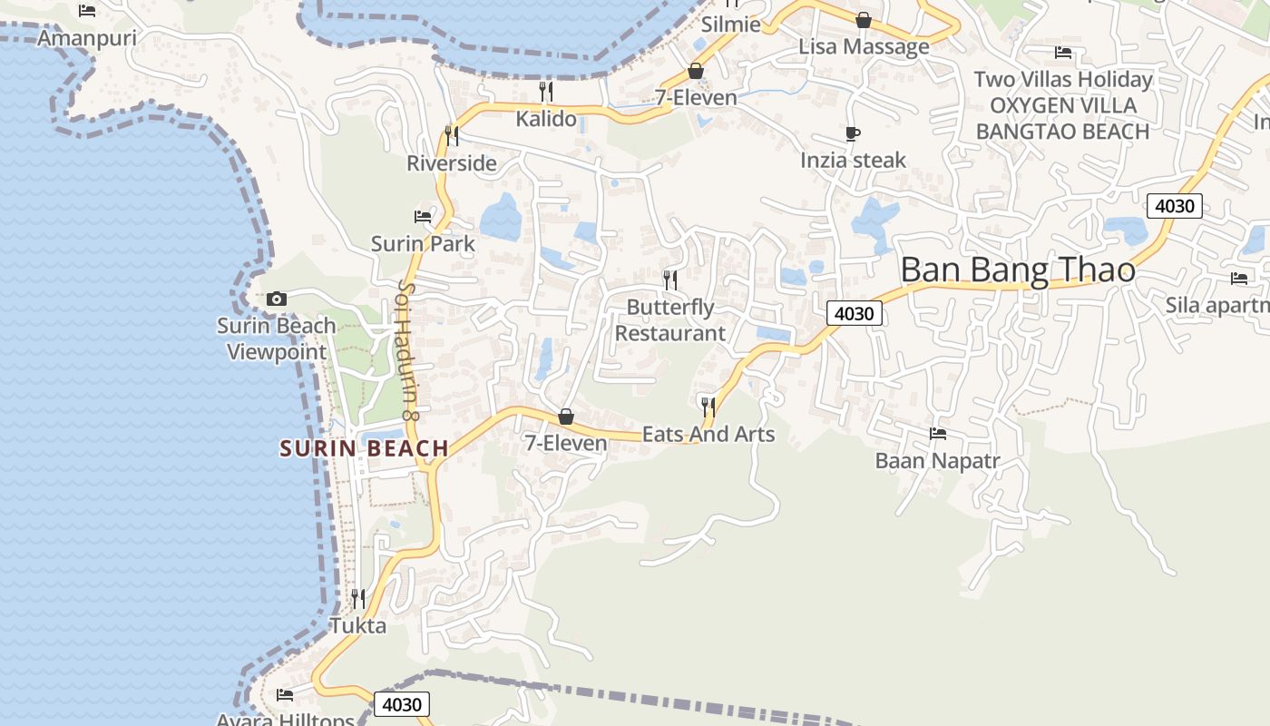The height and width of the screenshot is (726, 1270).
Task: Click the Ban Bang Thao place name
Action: pyautogui.click(x=1018, y=270)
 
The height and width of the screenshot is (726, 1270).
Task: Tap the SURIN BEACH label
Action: pyautogui.click(x=365, y=448)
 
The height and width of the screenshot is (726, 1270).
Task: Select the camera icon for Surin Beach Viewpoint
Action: pyautogui.click(x=277, y=299)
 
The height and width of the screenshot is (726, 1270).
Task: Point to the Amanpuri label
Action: pyautogui.click(x=87, y=38)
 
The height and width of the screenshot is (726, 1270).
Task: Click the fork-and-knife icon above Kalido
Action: pyautogui.click(x=546, y=92)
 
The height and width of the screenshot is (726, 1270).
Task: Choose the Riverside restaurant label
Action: pyautogui.click(x=452, y=163)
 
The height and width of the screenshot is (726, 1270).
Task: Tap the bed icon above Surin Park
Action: pyautogui.click(x=423, y=217)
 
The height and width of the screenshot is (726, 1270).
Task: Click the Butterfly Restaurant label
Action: pyautogui.click(x=670, y=320)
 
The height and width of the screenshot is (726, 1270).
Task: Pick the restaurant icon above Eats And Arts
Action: pyautogui.click(x=708, y=407)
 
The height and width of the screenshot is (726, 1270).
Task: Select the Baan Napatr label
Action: pyautogui.click(x=937, y=461)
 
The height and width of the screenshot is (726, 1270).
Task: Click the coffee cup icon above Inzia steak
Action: pyautogui.click(x=853, y=134)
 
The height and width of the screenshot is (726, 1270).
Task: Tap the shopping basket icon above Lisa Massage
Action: pyautogui.click(x=864, y=20)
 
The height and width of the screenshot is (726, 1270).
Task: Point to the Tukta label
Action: pyautogui.click(x=358, y=626)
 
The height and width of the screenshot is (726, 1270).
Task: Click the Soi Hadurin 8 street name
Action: pyautogui.click(x=407, y=349)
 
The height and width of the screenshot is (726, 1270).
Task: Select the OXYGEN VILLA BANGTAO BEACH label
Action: pyautogui.click(x=1063, y=118)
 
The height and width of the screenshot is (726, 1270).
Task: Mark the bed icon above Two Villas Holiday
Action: pyautogui.click(x=1063, y=53)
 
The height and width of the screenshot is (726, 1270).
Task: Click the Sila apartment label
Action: pyautogui.click(x=1217, y=305)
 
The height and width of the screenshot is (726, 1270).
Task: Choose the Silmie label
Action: pyautogui.click(x=731, y=25)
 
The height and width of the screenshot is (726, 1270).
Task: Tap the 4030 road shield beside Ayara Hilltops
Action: pyautogui.click(x=402, y=705)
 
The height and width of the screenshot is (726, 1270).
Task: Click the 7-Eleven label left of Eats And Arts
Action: pyautogui.click(x=566, y=443)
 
